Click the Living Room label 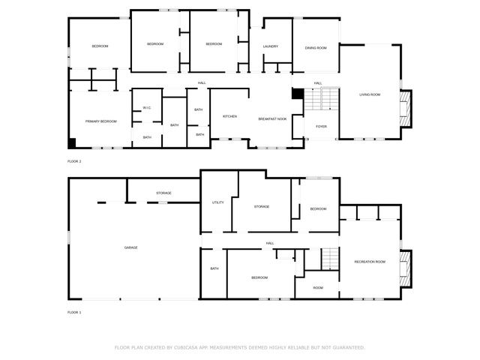(x=370, y=94)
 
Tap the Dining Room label (x=315, y=48)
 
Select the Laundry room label (x=271, y=46)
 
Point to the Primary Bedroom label (x=101, y=121)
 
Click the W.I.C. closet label (x=147, y=108)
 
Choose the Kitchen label (x=229, y=116)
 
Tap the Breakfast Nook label (x=272, y=119)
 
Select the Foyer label (x=321, y=127)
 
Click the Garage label (x=130, y=247)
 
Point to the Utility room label (x=218, y=202)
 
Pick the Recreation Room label (x=370, y=262)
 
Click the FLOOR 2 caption (x=74, y=161)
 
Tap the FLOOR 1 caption (x=74, y=312)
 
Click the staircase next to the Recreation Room (x=331, y=259)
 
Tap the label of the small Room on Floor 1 (x=318, y=288)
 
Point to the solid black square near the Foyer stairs (x=297, y=93)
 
